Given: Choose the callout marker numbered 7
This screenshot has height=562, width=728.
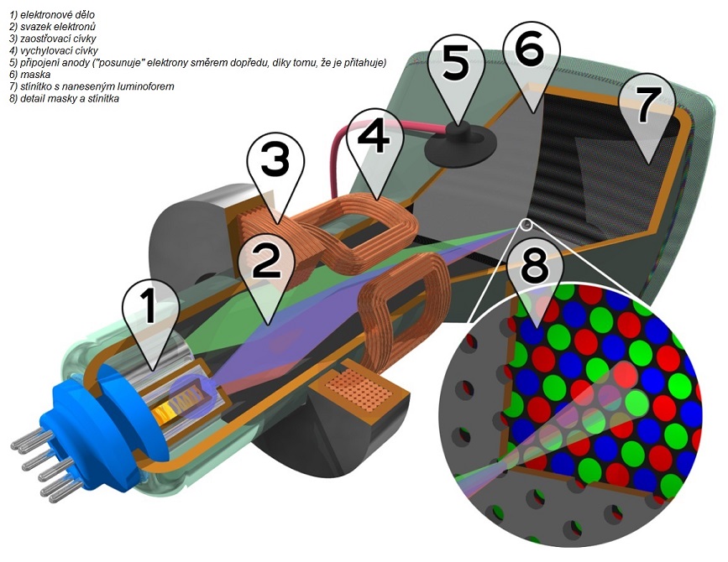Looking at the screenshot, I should point(647,105).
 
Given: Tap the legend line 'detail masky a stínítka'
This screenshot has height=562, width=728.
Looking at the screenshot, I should point(60,98).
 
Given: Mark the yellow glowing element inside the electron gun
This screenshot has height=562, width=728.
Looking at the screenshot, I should point(190,394).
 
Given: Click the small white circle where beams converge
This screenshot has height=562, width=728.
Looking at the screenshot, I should point(526,224).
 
